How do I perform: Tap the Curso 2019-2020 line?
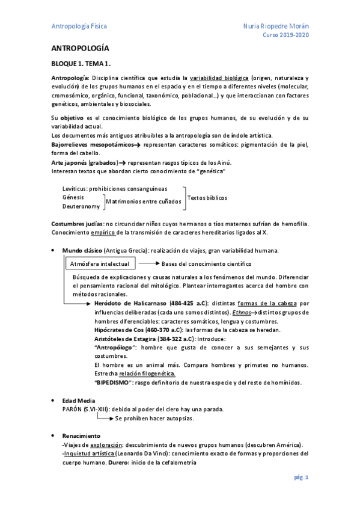(x=286, y=36)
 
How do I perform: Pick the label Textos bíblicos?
(x=207, y=197)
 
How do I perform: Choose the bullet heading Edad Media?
(x=79, y=400)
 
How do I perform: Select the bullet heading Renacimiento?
(x=82, y=435)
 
